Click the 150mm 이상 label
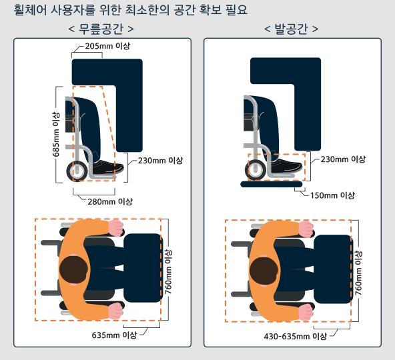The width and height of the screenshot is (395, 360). click(332, 195)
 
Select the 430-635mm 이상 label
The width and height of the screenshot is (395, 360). click(296, 336)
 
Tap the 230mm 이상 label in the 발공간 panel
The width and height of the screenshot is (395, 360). click(343, 159)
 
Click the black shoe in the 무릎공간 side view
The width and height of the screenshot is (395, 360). click(105, 168)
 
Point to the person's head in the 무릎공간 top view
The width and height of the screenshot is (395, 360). click(74, 271)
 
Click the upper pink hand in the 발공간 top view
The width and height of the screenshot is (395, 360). click(305, 229)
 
